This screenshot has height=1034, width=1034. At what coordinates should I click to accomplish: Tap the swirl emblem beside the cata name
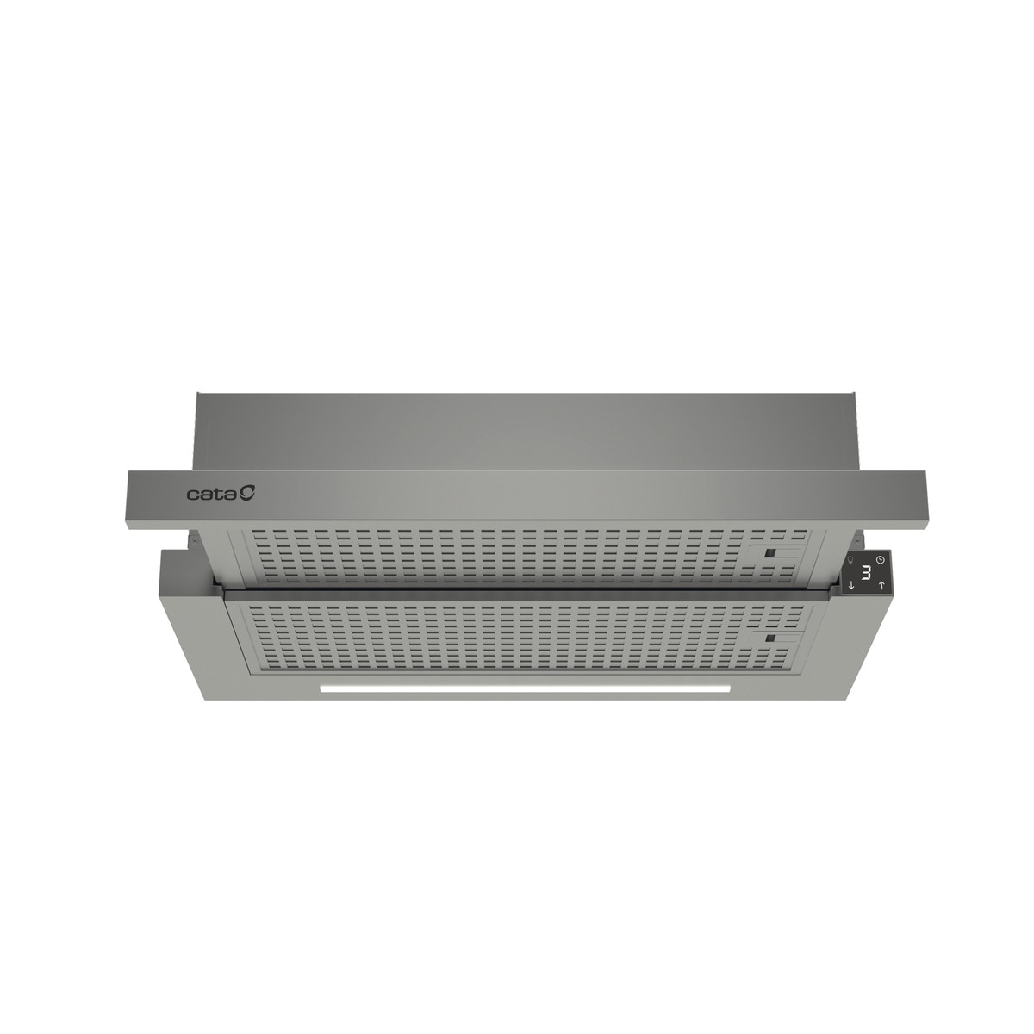248,493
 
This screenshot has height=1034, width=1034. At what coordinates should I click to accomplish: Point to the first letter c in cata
192,495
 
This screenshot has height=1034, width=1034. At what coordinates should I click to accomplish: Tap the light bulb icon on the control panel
851,560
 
